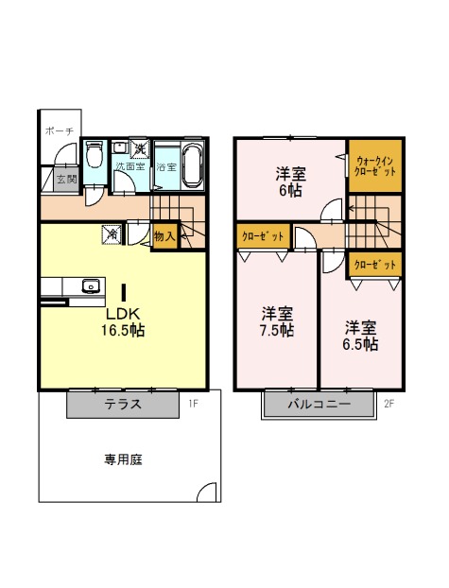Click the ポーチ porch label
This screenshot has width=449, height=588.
pyautogui.click(x=60, y=131)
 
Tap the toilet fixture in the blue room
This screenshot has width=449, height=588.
pyautogui.click(x=94, y=154)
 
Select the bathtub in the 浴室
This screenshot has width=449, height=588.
pyautogui.click(x=194, y=166)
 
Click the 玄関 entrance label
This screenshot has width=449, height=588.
pyautogui.click(x=66, y=179)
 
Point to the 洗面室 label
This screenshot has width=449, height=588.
pyautogui.click(x=130, y=166)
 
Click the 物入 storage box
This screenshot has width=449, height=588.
pyautogui.click(x=164, y=236)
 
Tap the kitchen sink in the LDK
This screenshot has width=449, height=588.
pyautogui.click(x=91, y=286)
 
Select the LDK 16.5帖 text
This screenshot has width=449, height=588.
pyautogui.click(x=123, y=321)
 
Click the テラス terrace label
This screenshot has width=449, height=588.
pyautogui.click(x=123, y=405)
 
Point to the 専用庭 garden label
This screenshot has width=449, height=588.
pyautogui.click(x=123, y=459)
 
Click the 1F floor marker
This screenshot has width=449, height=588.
pyautogui.click(x=193, y=404)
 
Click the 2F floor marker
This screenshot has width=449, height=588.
pyautogui.click(x=389, y=404)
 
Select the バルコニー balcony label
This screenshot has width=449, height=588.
pyautogui.click(x=319, y=405)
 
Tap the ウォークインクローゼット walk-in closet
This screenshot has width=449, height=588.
pyautogui.click(x=375, y=166)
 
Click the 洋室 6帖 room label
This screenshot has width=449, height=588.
pyautogui.click(x=291, y=182)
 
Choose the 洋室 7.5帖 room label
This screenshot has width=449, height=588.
pyautogui.click(x=277, y=322)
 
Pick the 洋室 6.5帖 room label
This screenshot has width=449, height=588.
pyautogui.click(x=360, y=336)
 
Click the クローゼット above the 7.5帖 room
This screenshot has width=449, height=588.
pyautogui.click(x=264, y=236)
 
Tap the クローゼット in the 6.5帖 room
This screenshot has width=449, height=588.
pyautogui.click(x=375, y=265)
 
